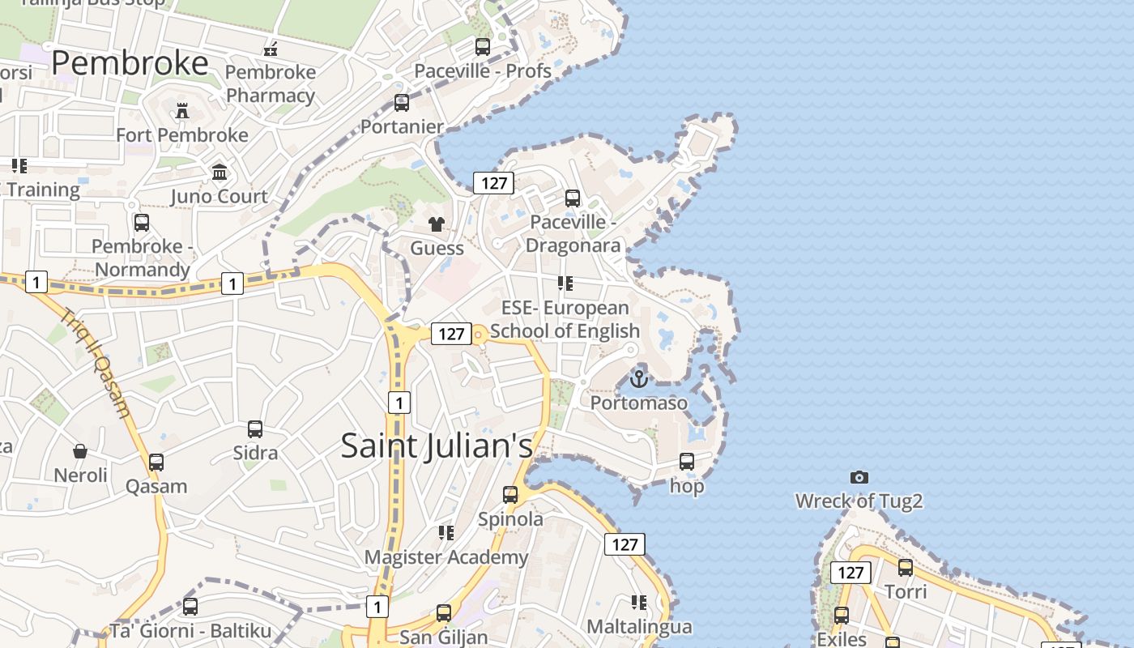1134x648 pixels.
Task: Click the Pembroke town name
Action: (130, 63)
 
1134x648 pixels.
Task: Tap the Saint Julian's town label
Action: (437, 446)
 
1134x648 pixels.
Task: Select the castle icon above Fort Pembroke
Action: (182, 111)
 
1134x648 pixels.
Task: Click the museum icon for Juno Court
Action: (220, 172)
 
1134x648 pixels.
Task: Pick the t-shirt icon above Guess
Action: (437, 224)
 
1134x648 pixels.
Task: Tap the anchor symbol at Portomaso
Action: (639, 378)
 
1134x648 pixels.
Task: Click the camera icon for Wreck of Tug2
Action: (859, 477)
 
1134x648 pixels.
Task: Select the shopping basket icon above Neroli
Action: (80, 451)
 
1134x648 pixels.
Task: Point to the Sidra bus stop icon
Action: (255, 429)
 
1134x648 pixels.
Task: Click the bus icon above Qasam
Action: (156, 463)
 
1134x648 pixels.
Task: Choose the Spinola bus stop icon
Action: (510, 494)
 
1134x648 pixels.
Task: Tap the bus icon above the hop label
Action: (687, 462)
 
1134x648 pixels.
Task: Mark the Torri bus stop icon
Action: (906, 568)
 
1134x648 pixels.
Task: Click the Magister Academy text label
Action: (446, 557)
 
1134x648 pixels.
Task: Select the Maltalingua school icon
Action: (639, 603)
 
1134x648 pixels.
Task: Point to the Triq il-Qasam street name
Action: (96, 364)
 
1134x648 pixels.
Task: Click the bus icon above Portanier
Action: (402, 103)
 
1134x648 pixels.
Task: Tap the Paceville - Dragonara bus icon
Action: (573, 198)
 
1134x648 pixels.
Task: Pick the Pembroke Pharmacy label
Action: (271, 83)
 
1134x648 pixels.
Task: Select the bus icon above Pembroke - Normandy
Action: (142, 222)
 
